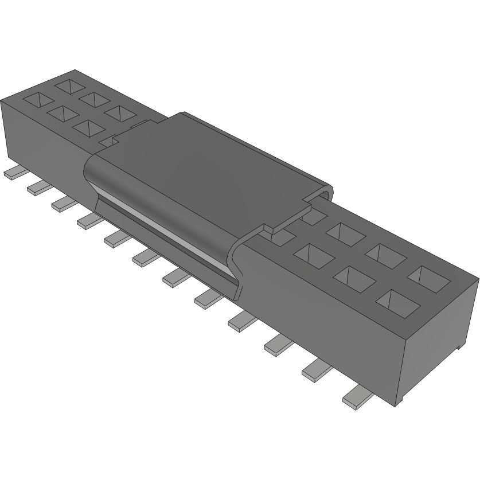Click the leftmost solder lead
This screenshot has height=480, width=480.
click(13, 173)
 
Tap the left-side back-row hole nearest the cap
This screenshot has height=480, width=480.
click(119, 114)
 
